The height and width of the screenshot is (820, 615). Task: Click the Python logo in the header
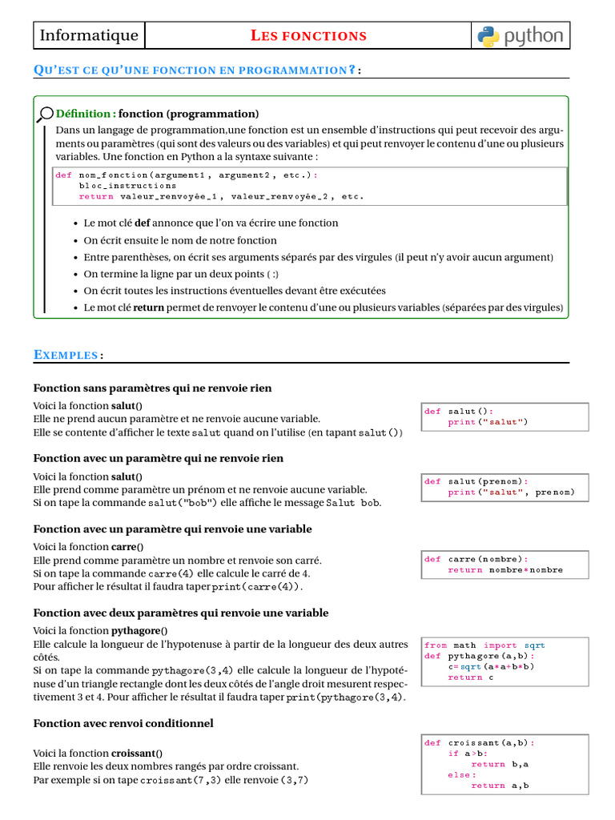click(x=521, y=35)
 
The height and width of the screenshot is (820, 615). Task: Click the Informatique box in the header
click(x=89, y=35)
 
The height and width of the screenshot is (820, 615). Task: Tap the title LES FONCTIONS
click(x=308, y=36)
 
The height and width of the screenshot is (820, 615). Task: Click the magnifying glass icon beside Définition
click(x=46, y=114)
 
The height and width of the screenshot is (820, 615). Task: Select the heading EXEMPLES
click(x=67, y=355)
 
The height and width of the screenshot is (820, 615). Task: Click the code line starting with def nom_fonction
click(x=186, y=175)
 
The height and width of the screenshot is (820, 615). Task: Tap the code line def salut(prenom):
click(x=476, y=481)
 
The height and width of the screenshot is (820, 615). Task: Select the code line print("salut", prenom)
click(x=511, y=492)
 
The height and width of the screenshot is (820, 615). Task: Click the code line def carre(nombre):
click(x=476, y=559)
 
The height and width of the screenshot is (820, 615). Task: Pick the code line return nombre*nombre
click(x=504, y=570)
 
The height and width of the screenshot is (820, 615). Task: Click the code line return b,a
click(x=500, y=764)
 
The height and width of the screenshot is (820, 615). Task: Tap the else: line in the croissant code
click(x=462, y=775)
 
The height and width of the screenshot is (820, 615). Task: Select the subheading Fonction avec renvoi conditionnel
click(x=123, y=723)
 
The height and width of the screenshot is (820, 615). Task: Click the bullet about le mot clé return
click(x=324, y=307)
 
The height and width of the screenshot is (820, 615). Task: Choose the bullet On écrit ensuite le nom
click(x=180, y=240)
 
